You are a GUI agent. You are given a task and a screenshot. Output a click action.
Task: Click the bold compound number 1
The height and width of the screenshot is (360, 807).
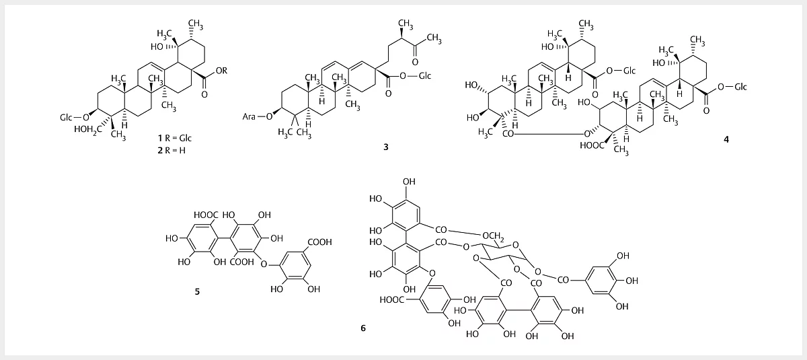160,138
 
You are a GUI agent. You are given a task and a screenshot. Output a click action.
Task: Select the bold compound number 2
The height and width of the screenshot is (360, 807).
160,150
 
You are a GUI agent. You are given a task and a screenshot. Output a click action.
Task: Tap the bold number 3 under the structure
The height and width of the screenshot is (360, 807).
386,147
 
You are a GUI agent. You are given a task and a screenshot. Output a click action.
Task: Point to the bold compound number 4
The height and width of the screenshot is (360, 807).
726,139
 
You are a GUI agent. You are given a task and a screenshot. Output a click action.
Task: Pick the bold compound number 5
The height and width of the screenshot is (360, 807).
197,291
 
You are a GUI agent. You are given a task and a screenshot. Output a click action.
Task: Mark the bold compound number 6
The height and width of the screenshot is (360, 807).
363,328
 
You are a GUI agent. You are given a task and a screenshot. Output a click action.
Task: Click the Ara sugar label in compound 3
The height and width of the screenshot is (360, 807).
249,116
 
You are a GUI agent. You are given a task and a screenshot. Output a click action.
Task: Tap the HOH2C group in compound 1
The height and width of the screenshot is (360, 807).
88,130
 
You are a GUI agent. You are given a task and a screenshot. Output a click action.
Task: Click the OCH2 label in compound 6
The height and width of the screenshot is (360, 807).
493,236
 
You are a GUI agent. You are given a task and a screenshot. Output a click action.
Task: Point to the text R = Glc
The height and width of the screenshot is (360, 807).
178,138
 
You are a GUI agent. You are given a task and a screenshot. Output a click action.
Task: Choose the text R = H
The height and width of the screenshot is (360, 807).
175,150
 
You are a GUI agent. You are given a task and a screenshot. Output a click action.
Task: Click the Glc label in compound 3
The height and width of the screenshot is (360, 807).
425,75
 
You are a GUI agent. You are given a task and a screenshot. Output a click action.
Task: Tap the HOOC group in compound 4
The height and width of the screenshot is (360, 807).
592,145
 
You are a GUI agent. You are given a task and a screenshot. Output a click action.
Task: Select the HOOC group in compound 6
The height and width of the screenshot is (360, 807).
392,300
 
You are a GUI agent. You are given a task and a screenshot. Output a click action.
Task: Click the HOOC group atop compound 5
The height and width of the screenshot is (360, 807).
206,215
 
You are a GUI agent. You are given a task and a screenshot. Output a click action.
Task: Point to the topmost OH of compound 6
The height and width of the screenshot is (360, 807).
409,182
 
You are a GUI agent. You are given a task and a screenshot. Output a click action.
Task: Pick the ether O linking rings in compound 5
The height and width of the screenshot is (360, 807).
264,265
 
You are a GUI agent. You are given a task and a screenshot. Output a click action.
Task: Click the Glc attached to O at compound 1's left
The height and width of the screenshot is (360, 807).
66,118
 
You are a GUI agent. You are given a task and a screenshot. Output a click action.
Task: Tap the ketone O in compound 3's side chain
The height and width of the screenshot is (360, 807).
415,62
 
